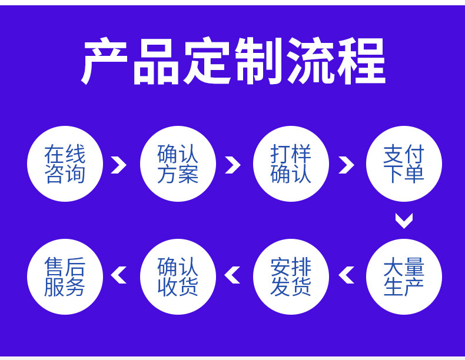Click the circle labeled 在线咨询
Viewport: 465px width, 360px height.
pos(65,164)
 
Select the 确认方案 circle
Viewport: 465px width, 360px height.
pos(178,164)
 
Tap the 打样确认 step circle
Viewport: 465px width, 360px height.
pos(291,164)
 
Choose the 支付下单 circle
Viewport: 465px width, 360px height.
pos(404,164)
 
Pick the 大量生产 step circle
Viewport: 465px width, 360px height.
pos(404,277)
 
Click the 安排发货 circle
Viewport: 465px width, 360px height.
pos(291,277)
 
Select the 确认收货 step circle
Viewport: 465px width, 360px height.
pos(178,277)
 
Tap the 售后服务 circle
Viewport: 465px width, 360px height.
pos(65,277)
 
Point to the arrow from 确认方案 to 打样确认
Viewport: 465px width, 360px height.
pos(233,165)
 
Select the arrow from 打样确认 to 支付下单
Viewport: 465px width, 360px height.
pos(347,165)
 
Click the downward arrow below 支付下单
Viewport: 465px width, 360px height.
pos(404,221)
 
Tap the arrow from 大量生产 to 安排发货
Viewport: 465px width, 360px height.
pos(347,275)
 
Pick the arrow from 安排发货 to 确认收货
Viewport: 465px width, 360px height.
pos(233,275)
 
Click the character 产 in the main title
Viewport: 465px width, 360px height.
pos(104,61)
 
